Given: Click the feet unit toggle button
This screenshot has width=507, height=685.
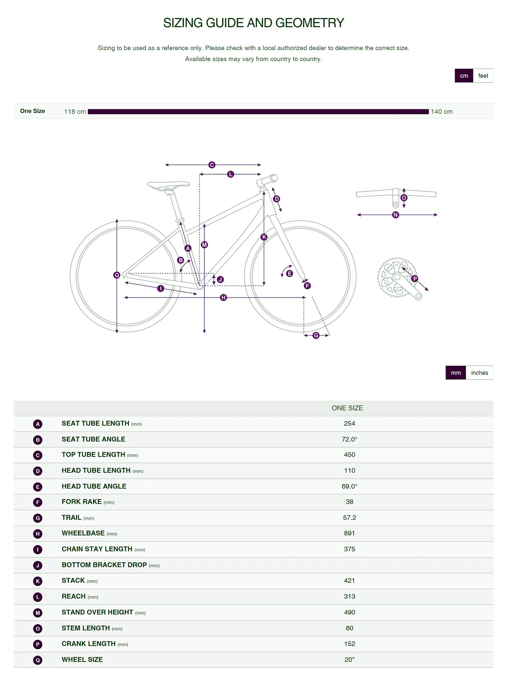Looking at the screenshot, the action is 483,76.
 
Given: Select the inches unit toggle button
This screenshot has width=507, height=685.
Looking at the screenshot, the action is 479,373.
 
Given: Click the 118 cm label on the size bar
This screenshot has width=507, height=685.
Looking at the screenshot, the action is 75,111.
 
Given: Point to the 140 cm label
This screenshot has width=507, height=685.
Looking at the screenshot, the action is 442,111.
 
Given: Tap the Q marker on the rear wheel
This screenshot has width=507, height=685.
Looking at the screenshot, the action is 117,275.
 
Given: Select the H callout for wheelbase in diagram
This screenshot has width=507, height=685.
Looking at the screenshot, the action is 223,297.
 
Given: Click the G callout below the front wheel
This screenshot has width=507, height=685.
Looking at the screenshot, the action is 316,335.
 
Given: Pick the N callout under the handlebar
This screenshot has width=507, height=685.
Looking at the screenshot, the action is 396,215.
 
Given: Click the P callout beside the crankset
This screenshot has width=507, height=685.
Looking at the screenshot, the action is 415,279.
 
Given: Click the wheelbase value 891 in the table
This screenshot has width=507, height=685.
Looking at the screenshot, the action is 349,533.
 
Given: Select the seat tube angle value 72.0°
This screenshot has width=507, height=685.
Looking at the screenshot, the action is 349,439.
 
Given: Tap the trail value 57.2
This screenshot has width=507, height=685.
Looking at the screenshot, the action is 349,518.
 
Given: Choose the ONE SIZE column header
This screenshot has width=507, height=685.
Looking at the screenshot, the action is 347,408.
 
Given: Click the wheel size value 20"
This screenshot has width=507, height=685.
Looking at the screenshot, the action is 349,659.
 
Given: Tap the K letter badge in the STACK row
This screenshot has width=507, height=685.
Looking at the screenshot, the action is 38,581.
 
